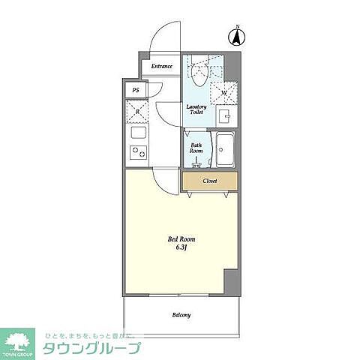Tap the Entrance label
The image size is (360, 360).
coord(161,66)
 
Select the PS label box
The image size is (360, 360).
coord(136,90)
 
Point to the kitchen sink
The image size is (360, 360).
coord(139,133)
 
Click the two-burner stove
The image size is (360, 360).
coord(139,152)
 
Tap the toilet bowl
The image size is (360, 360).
coord(199,73)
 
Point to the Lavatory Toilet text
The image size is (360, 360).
coord(196,109)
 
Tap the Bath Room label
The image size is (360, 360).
coord(196,148)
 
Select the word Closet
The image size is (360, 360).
coord(210,181)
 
